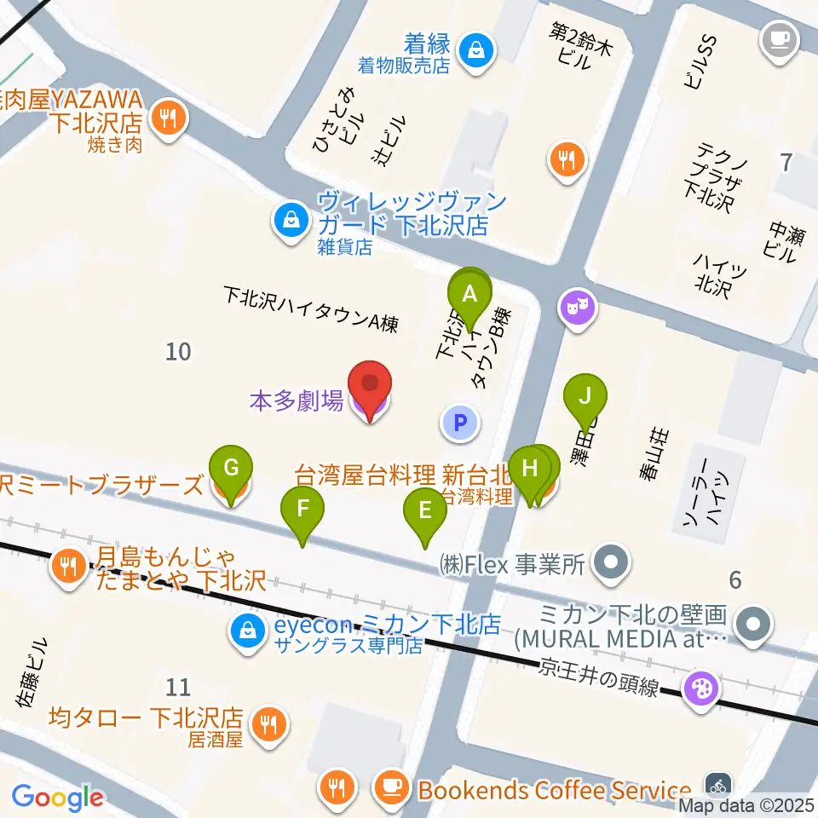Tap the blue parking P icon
[460, 421]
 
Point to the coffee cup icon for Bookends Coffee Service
[391, 788]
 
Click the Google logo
[58, 798]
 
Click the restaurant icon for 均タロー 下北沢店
[269, 724]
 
